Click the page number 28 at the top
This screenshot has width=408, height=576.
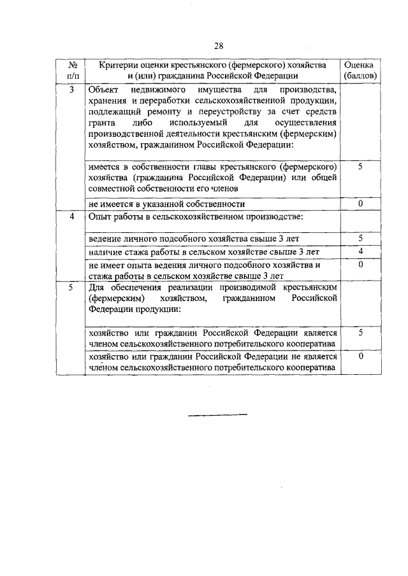218,45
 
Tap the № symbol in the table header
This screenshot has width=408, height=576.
72,66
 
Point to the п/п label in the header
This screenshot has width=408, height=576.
72,76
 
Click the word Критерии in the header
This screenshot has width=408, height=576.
119,66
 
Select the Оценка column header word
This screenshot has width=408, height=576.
360,66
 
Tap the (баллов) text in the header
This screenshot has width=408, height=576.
360,76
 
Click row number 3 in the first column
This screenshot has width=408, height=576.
72,90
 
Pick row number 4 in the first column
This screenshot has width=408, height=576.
72,216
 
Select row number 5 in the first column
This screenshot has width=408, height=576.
72,288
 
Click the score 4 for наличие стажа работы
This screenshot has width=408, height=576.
360,252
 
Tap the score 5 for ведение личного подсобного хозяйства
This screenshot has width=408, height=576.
360,238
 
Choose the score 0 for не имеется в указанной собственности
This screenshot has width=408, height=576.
360,204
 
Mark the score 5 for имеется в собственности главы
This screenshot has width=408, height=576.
360,166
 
